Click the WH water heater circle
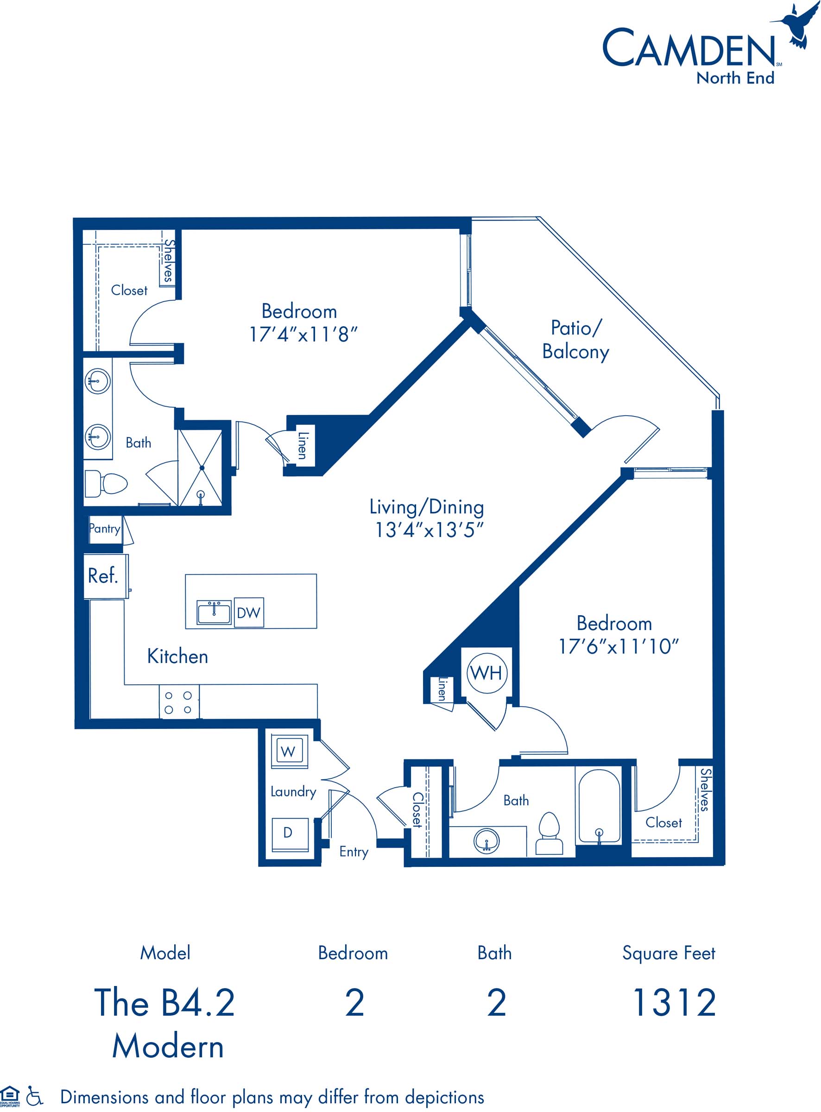point(487,673)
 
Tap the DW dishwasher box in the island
point(248,612)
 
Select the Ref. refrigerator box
point(105,576)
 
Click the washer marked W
point(289,750)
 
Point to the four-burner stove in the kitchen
point(179,702)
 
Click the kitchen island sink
point(214,612)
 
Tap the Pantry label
point(104,529)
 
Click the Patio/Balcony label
point(575,340)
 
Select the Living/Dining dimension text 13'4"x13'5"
point(429,530)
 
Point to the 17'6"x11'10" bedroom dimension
point(618,646)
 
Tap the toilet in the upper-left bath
point(106,483)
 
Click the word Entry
point(354,852)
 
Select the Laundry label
point(293,791)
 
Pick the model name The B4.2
point(164,1002)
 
